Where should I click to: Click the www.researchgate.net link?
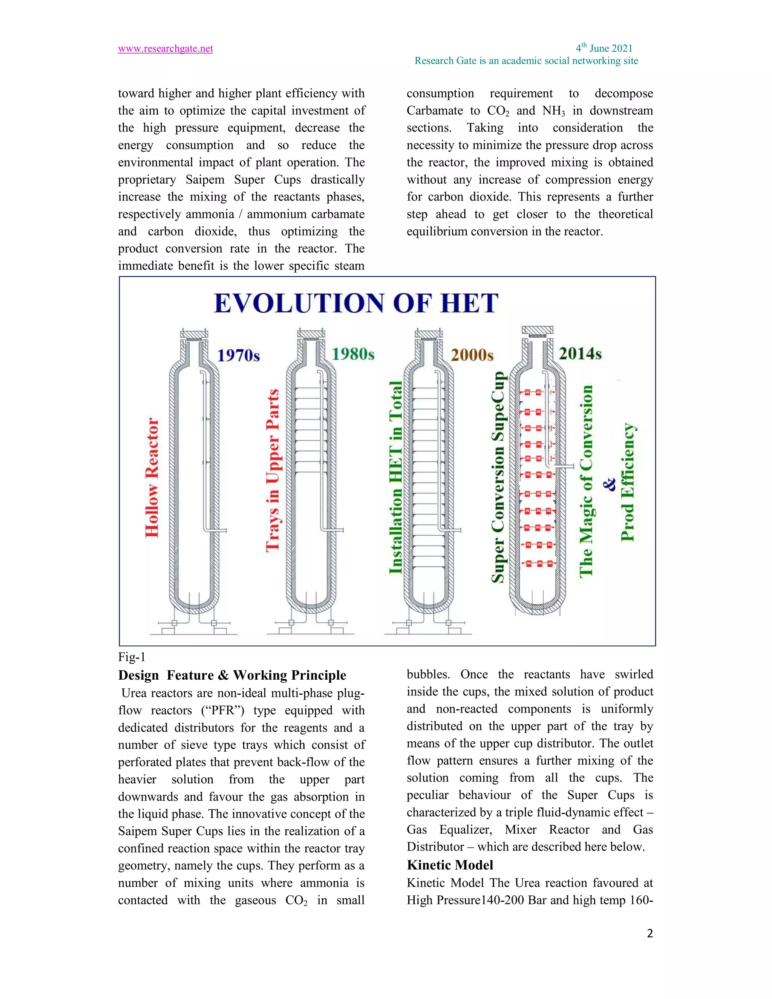[x=165, y=49]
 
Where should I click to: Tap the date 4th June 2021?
[x=604, y=48]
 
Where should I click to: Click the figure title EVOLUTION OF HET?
[x=356, y=303]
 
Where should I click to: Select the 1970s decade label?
[x=238, y=355]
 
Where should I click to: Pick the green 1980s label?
[x=352, y=354]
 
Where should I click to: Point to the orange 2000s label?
[x=472, y=355]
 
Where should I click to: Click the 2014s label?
[x=579, y=354]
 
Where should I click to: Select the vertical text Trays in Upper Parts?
[x=273, y=470]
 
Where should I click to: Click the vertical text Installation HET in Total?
[x=395, y=477]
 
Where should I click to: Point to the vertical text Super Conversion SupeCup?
[x=498, y=477]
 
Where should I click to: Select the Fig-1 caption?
[x=132, y=657]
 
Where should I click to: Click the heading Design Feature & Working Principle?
[x=232, y=676]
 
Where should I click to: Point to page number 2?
[x=649, y=933]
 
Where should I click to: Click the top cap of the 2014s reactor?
[x=538, y=330]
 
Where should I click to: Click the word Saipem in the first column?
[x=205, y=180]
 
